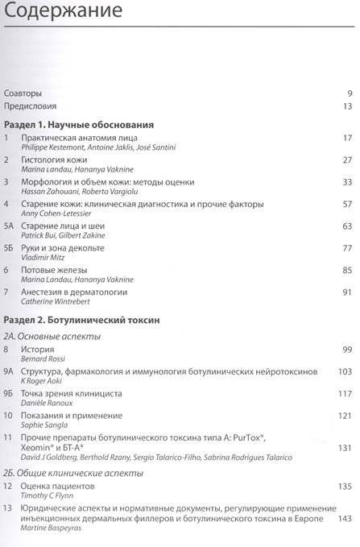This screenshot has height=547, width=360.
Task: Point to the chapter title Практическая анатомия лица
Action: (x=85, y=139)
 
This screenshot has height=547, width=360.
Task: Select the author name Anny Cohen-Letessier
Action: (x=59, y=213)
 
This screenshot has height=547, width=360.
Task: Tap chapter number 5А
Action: (x=9, y=226)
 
